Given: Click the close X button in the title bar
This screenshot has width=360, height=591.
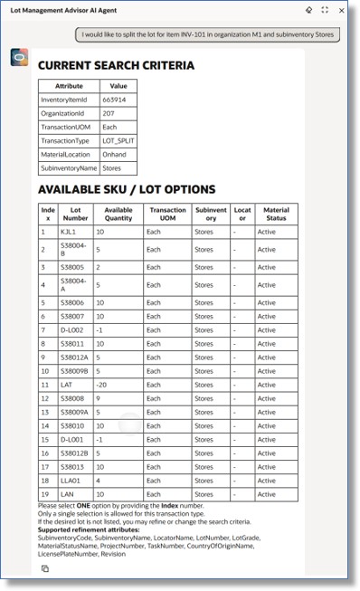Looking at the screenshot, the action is point(341,9).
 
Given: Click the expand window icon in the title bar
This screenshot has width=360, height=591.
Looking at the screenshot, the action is point(325,9).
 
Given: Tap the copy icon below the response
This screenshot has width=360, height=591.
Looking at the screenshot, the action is point(44,568).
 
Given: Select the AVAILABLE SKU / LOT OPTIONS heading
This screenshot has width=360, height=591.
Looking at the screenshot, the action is point(127,189).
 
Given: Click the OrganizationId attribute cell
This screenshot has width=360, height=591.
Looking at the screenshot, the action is point(68,113).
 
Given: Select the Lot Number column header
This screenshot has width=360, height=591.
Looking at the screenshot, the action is point(75,214).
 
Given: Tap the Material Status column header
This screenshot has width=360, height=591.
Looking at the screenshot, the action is point(276,214).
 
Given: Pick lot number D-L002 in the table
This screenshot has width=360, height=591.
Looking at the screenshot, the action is point(71,329).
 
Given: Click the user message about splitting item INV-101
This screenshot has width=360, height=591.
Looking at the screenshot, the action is point(207,34).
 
